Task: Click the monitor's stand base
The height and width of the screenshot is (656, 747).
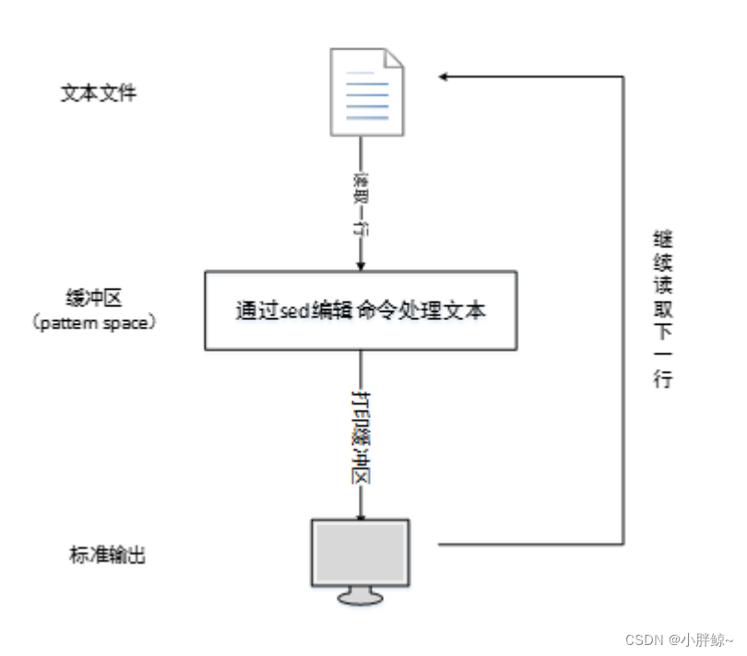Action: click(x=360, y=598)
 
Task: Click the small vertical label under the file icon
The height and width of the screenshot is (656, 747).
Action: click(x=361, y=205)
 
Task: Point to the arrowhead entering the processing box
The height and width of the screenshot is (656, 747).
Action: click(x=361, y=267)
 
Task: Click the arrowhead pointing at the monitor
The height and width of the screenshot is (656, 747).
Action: click(x=361, y=517)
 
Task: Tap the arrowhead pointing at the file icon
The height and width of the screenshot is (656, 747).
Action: click(x=444, y=77)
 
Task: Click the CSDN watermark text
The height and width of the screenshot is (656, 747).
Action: click(x=679, y=639)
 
